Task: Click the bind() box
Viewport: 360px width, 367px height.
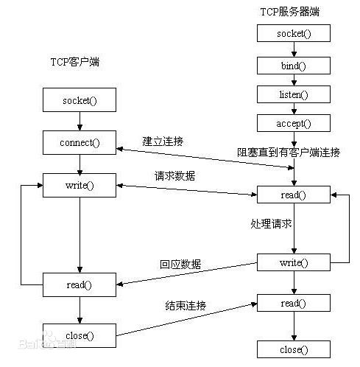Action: coord(294,66)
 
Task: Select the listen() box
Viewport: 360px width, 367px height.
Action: coord(294,94)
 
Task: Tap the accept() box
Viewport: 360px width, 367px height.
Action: coord(294,123)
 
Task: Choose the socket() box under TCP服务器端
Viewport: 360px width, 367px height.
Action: coord(294,34)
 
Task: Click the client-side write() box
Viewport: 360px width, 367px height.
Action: coord(80,185)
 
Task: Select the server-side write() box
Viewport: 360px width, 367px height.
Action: coord(294,262)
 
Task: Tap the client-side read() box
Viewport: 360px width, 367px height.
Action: coord(80,284)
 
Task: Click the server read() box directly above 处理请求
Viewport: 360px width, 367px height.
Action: coord(294,195)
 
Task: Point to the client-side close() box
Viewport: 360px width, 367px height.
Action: coord(80,335)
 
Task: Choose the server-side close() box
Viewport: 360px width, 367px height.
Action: coord(294,349)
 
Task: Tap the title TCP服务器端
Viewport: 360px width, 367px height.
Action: coord(289,13)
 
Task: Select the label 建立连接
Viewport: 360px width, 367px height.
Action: coord(164,140)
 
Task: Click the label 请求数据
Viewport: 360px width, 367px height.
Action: coord(175,176)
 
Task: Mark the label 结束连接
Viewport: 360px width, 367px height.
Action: coord(185,304)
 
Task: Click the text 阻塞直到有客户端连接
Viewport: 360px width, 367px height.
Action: coord(289,153)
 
